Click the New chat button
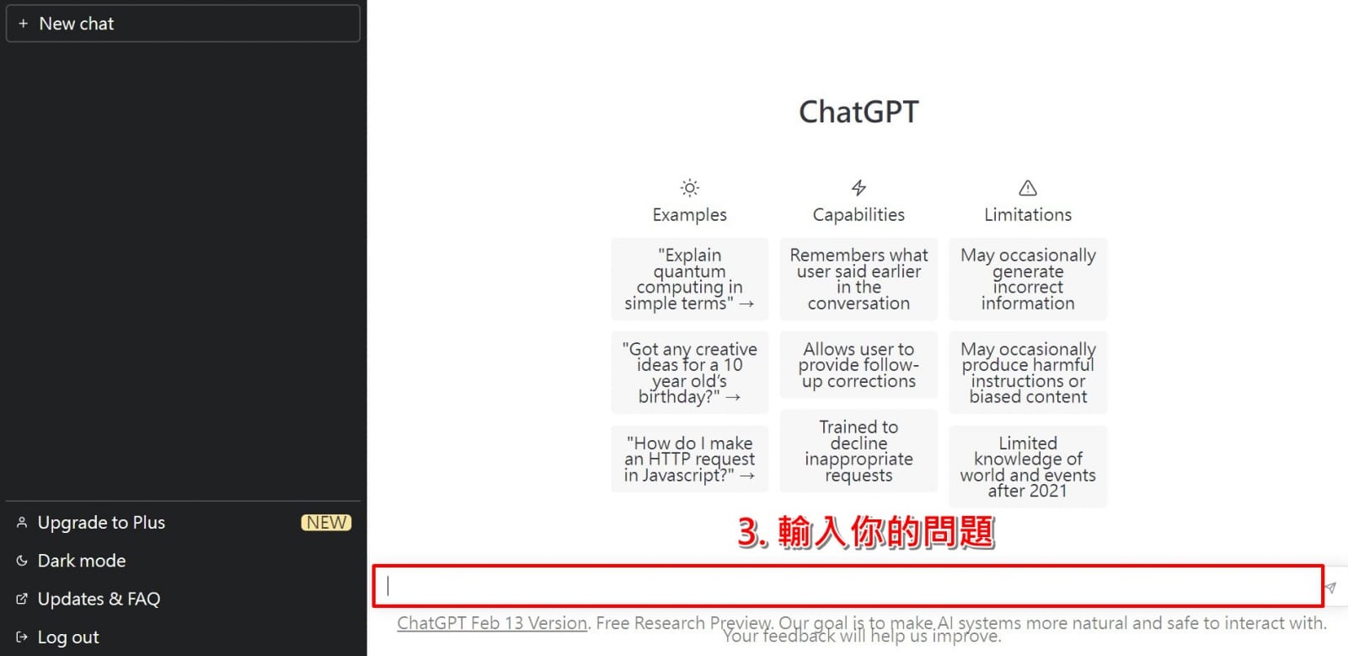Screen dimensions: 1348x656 [x=183, y=24]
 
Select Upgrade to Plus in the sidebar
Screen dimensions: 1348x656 [x=101, y=522]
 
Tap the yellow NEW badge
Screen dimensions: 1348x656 [x=326, y=522]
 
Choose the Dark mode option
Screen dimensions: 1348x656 [x=81, y=561]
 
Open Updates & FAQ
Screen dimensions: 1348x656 [x=99, y=599]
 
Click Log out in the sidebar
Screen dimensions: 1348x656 [x=68, y=637]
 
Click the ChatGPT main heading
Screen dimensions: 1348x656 [x=859, y=111]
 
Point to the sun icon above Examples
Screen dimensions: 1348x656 [x=690, y=188]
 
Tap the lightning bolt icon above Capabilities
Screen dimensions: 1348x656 [x=859, y=188]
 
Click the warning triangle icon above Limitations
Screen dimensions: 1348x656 [x=1028, y=188]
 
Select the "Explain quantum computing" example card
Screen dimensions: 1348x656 [x=690, y=279]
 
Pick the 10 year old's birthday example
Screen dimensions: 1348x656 [x=690, y=373]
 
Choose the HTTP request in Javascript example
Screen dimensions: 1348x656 [x=690, y=459]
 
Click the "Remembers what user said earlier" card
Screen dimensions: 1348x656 [x=859, y=279]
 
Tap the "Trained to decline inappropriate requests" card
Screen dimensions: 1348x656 [x=859, y=451]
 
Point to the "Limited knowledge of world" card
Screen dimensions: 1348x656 [x=1028, y=467]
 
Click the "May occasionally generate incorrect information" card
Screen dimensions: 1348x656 [x=1028, y=279]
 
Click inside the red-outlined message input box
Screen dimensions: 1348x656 [x=848, y=586]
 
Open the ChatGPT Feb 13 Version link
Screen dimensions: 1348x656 [x=492, y=623]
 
